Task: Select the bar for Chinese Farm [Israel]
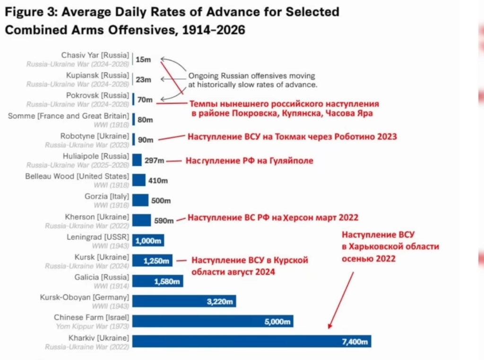click(x=213, y=321)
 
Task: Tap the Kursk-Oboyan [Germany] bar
click(x=184, y=301)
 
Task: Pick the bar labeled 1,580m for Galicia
click(x=157, y=281)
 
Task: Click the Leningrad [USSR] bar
click(x=148, y=240)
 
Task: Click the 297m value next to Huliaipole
click(x=155, y=160)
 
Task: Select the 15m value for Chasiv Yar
click(x=143, y=59)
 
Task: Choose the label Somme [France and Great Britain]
click(x=69, y=115)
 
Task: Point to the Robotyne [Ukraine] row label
click(x=95, y=136)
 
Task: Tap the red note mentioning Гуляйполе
click(x=250, y=161)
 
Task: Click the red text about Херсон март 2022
click(x=273, y=218)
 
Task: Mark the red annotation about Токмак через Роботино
click(x=292, y=137)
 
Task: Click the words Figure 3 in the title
click(x=28, y=12)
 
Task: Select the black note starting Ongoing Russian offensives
click(x=252, y=80)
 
